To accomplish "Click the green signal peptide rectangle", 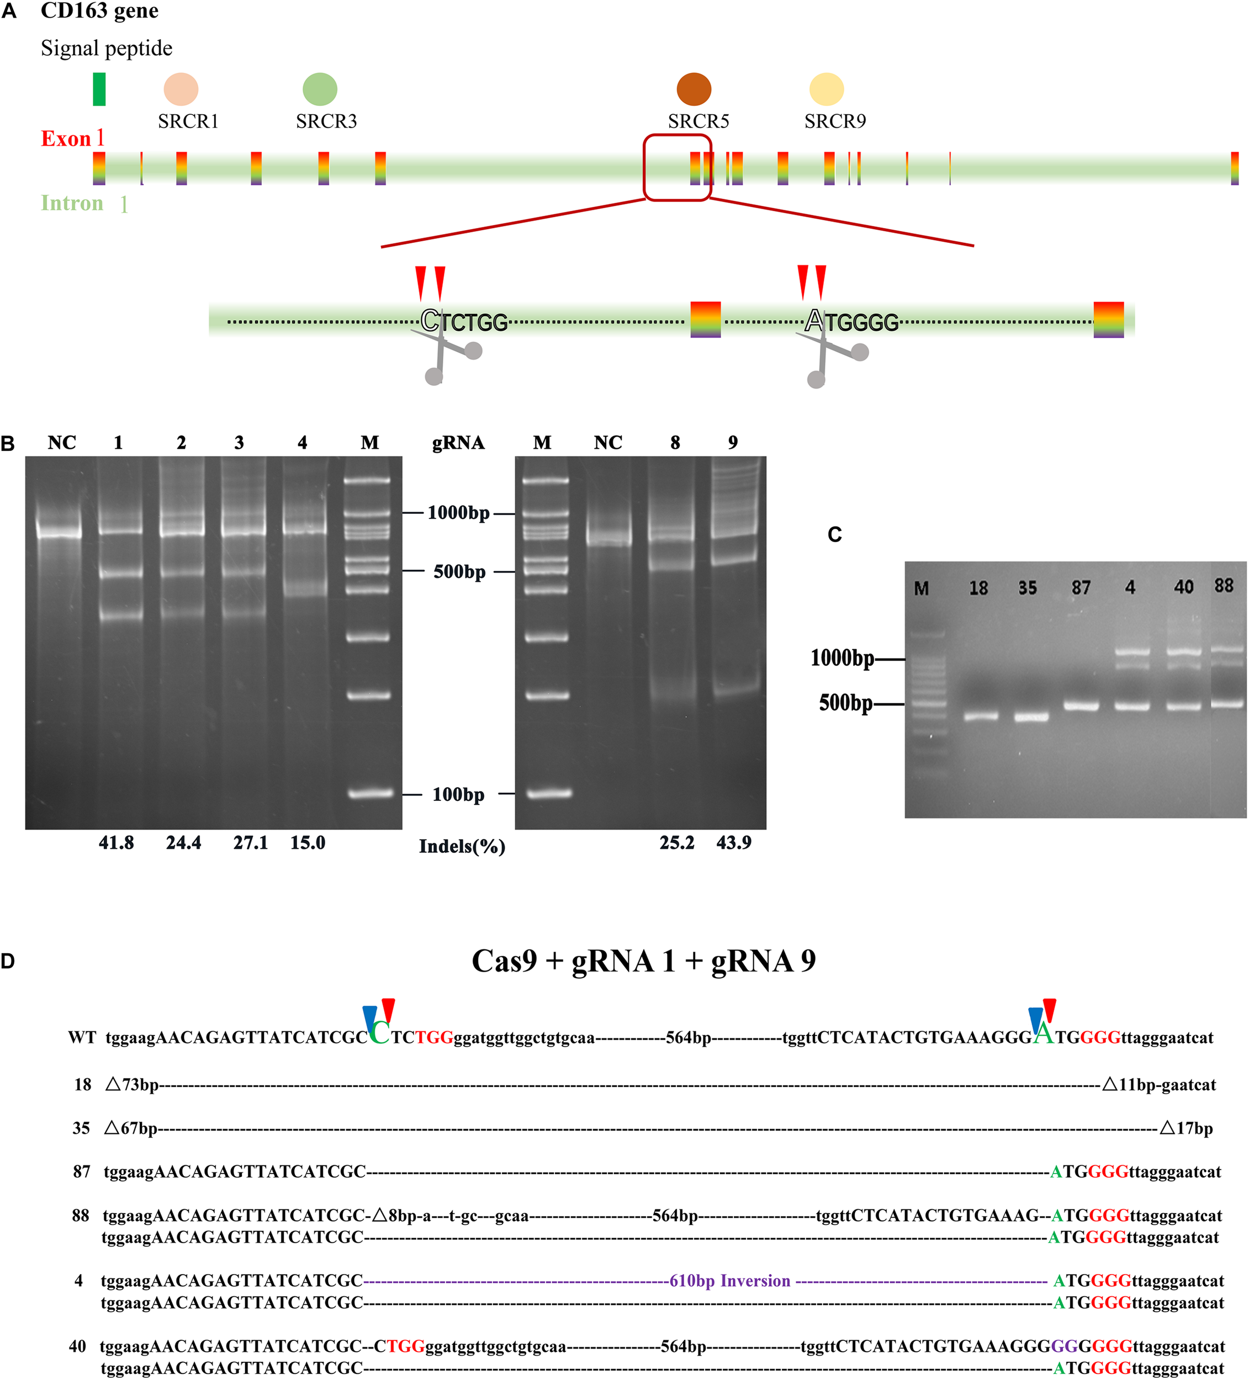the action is tap(99, 89).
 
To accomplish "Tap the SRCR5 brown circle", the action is tap(694, 89).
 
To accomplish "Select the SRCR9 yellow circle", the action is tap(827, 89).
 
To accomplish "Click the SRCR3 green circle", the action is tap(320, 89).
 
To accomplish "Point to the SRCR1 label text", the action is tap(188, 121).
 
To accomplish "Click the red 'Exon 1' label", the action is tap(72, 138).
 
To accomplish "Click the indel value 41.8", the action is tap(117, 843).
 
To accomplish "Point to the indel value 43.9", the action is tap(733, 843).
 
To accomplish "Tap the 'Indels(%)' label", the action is tap(462, 847).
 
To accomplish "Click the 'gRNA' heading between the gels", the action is tap(458, 443).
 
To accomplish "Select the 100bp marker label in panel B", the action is tap(458, 795).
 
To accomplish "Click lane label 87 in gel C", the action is tap(1081, 587).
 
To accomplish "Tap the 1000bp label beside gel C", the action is tap(842, 659).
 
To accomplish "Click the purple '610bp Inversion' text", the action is tap(729, 1281).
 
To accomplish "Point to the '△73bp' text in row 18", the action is tap(132, 1084).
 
